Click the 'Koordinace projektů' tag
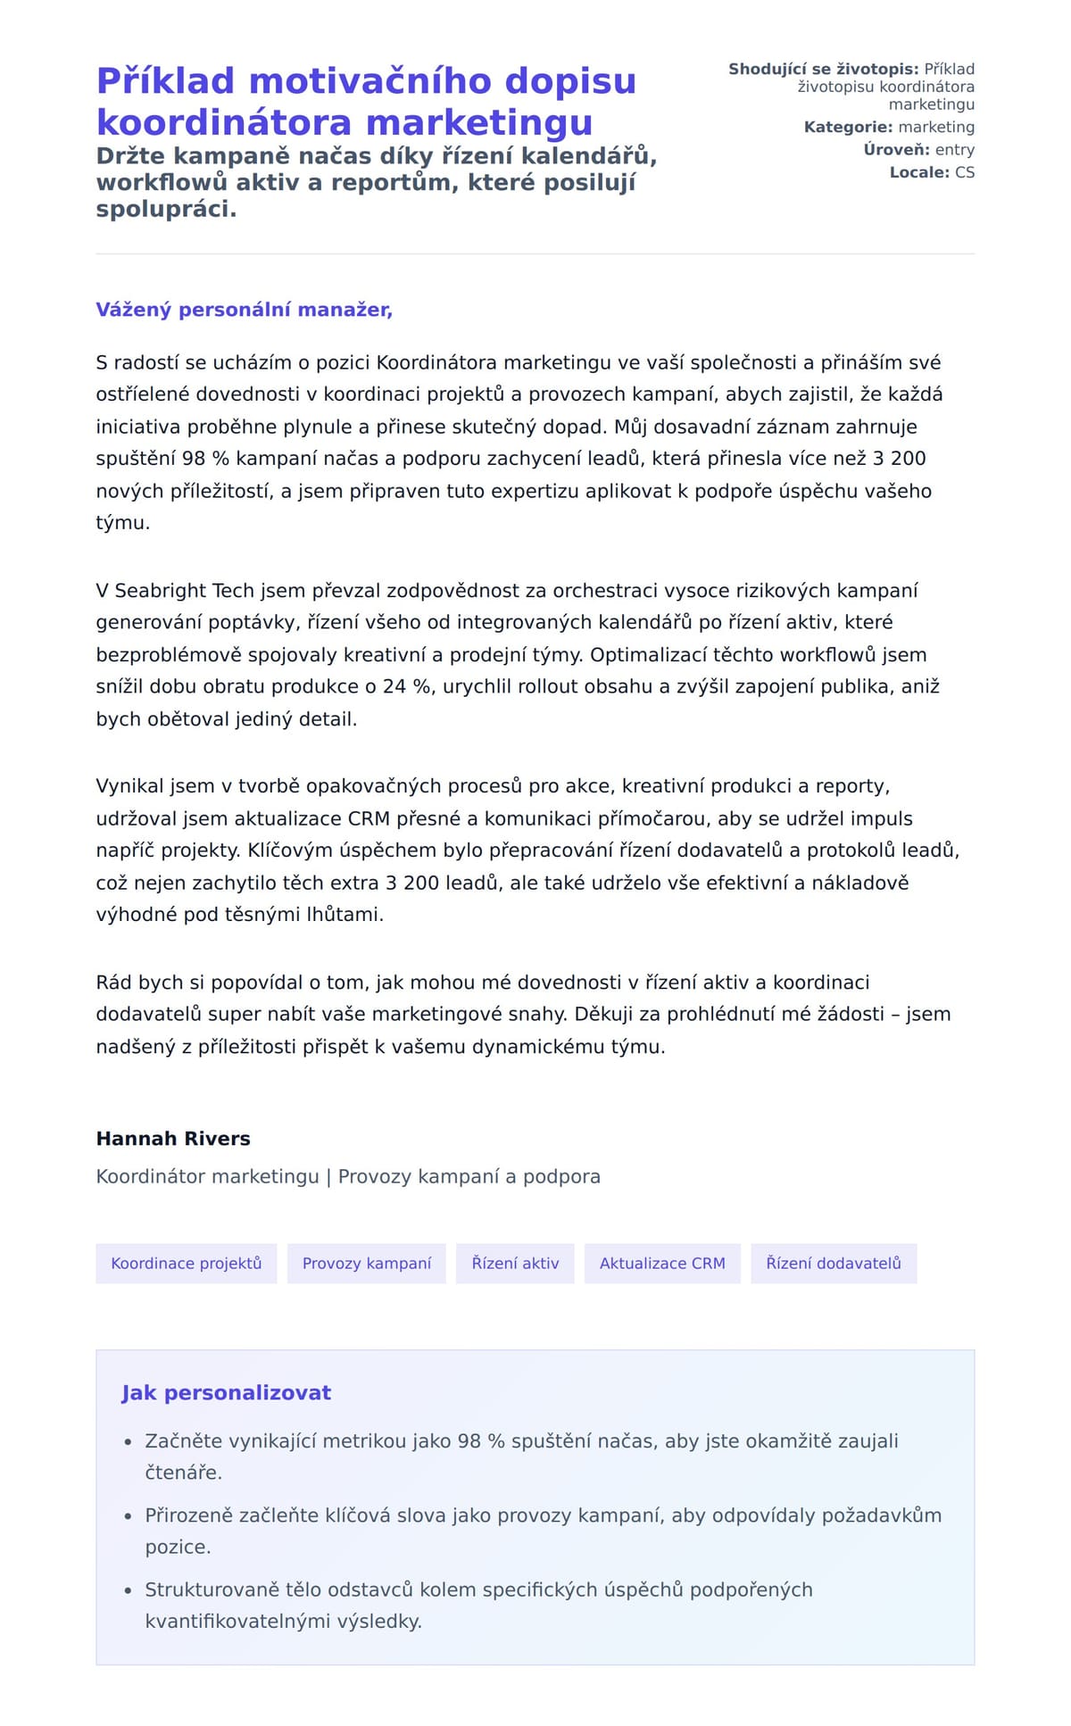click(x=186, y=1263)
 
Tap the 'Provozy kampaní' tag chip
click(x=366, y=1263)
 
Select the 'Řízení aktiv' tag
click(x=515, y=1263)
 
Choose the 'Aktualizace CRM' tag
click(x=662, y=1263)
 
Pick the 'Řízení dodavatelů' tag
click(x=834, y=1263)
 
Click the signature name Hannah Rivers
click(x=173, y=1138)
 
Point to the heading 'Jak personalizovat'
click(x=226, y=1392)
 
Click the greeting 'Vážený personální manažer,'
click(x=244, y=310)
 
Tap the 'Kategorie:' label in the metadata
click(x=848, y=127)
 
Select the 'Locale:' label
click(x=919, y=172)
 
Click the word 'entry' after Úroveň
click(x=954, y=150)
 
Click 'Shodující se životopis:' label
click(x=823, y=69)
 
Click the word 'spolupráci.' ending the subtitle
click(x=166, y=210)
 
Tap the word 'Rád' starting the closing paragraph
click(x=114, y=983)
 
